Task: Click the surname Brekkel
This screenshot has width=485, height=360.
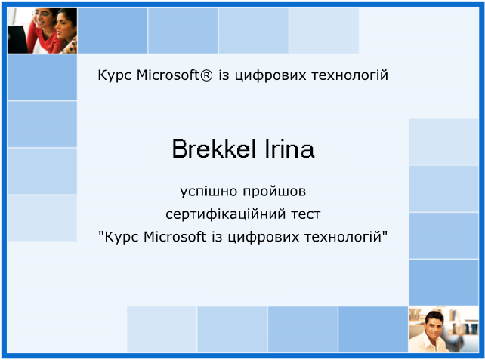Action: [x=214, y=149]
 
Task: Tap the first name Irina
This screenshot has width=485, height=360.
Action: [x=289, y=149]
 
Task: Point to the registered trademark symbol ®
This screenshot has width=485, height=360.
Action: [x=207, y=75]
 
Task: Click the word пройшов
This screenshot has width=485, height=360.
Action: [x=274, y=192]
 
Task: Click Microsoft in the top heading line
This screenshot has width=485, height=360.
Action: [x=168, y=75]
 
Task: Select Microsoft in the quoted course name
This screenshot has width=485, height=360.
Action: [x=175, y=237]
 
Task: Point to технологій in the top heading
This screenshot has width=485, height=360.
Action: [x=350, y=75]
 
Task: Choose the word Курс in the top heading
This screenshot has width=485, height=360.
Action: [x=114, y=75]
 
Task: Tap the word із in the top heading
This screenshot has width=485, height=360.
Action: [x=224, y=75]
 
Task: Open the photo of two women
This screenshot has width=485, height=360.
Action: [x=42, y=30]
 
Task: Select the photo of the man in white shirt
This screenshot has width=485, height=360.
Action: [x=443, y=329]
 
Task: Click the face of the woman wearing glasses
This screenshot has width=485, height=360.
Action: [x=43, y=17]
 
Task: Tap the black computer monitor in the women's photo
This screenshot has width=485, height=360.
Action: [x=17, y=39]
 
